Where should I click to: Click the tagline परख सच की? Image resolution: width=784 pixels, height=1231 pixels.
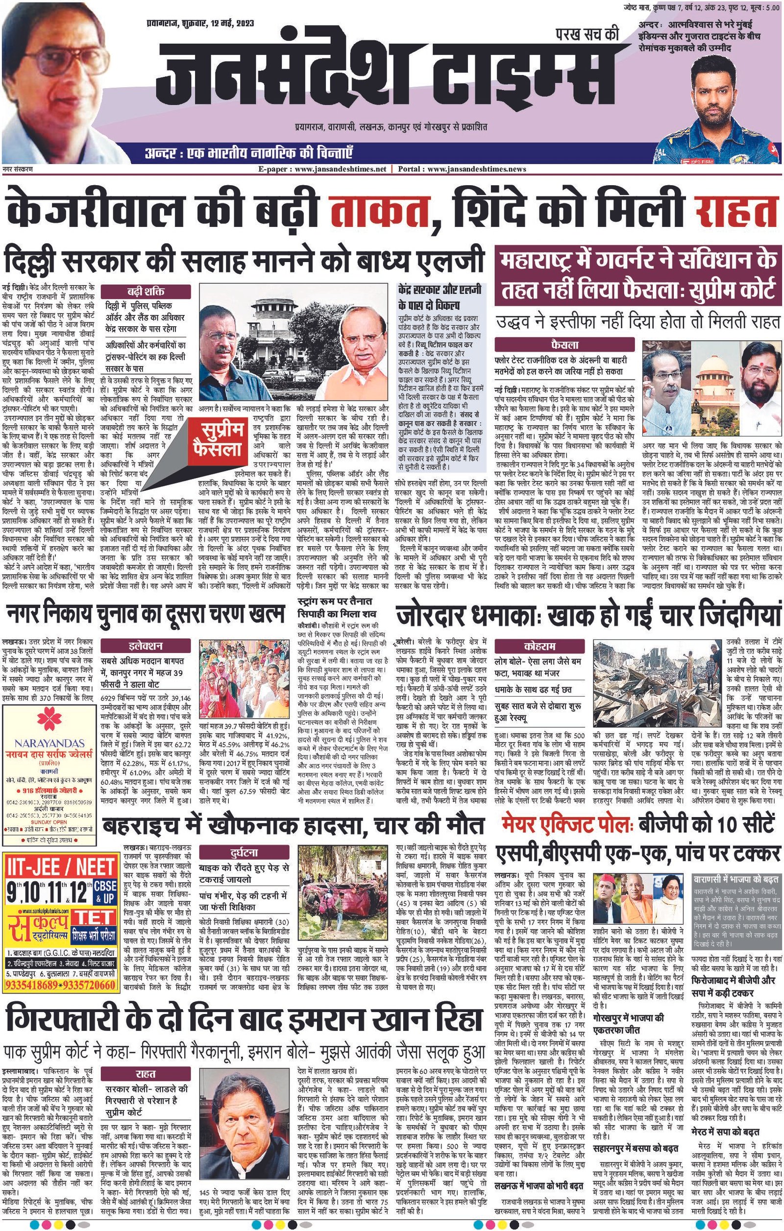click(587, 34)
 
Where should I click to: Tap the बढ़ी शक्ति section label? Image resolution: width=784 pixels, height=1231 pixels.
click(146, 292)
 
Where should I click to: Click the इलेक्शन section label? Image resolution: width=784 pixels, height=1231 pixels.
click(146, 646)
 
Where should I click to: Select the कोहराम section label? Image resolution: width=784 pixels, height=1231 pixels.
click(539, 646)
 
